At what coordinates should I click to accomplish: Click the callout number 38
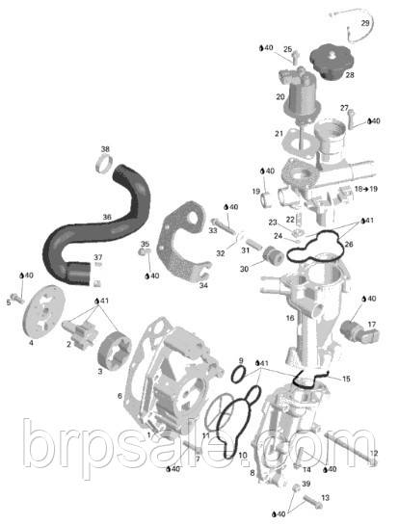[x=105, y=149]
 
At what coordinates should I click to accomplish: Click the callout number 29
[x=365, y=22]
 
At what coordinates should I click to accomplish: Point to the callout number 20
[x=280, y=97]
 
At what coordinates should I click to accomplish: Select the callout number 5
[x=9, y=302]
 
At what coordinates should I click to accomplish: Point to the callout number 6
[x=120, y=396]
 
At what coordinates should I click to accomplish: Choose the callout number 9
[x=240, y=361]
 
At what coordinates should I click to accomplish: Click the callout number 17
[x=371, y=324]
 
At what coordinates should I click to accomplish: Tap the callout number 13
[x=325, y=497]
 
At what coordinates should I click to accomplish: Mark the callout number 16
[x=289, y=317]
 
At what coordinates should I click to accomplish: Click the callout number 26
[x=348, y=245]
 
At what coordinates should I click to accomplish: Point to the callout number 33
[x=213, y=231]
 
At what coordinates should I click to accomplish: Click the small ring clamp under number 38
[x=101, y=171]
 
